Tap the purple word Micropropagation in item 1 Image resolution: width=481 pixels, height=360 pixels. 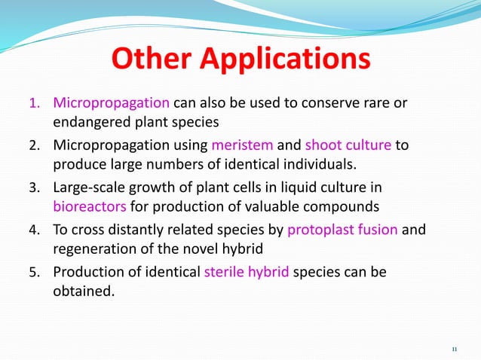112,102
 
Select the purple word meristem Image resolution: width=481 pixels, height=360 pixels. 240,145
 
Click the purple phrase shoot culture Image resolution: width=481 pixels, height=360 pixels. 348,145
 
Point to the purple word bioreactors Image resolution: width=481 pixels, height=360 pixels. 90,206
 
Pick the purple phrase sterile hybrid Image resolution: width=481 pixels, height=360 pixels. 247,272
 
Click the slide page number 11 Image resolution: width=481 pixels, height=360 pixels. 454,349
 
